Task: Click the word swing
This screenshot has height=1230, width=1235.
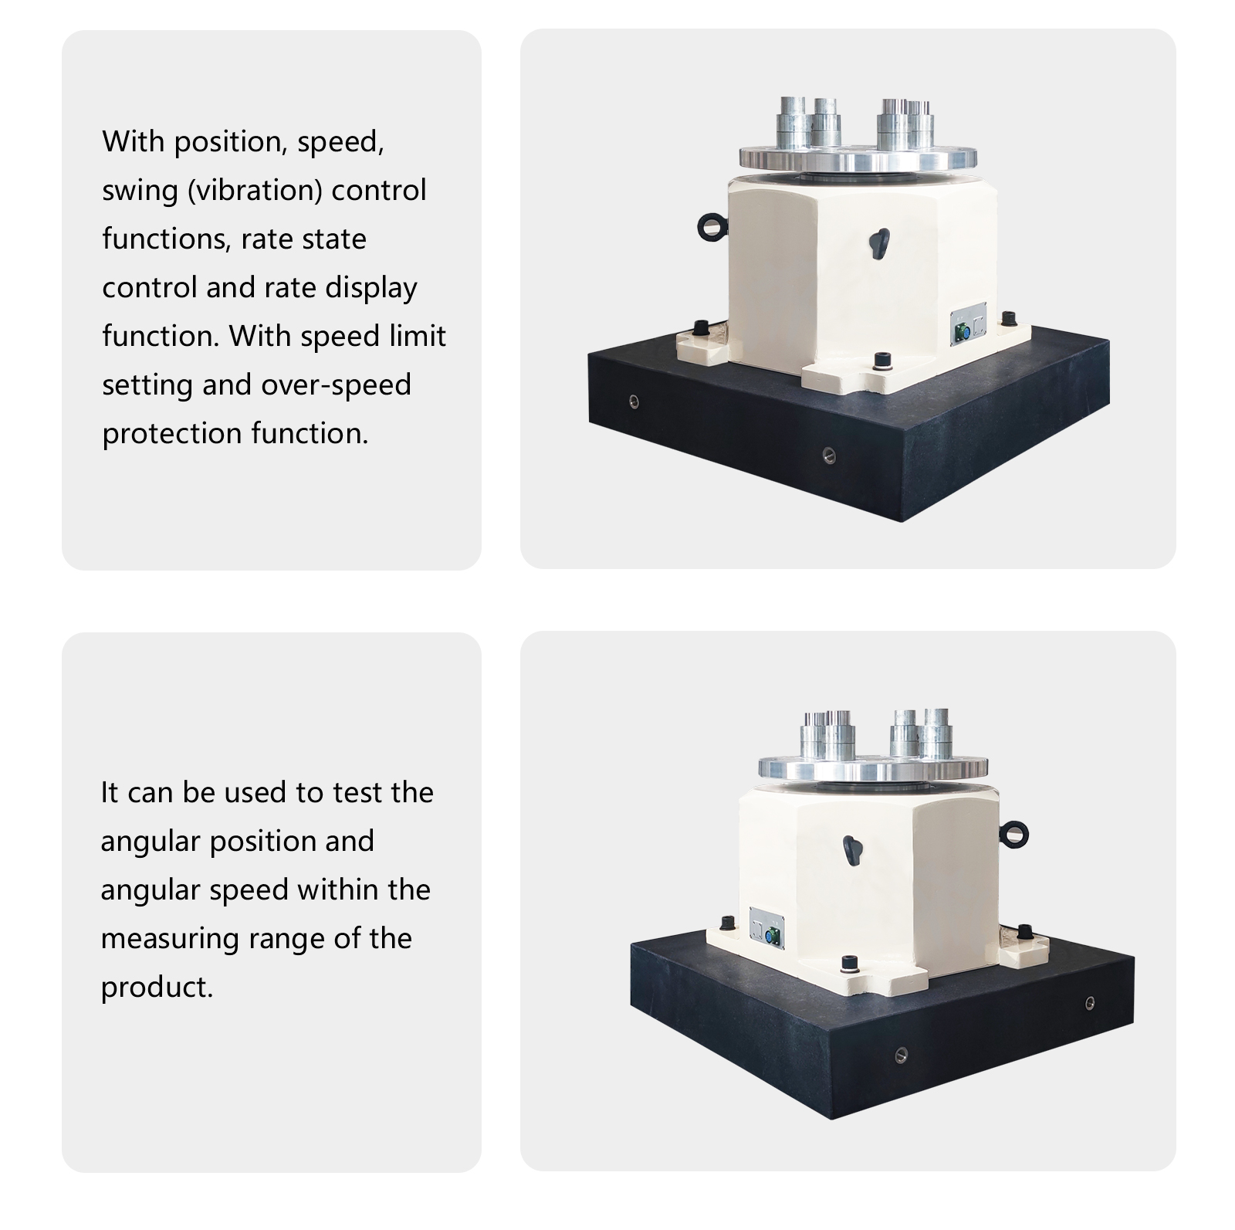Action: pos(140,191)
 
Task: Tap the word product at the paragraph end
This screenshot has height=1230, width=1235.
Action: pos(157,988)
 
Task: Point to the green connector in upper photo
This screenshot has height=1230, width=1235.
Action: pos(962,333)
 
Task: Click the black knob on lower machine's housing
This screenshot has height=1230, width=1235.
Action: pos(851,849)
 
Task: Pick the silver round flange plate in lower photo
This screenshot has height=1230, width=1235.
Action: pos(873,767)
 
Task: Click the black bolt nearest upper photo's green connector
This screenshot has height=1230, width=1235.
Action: pos(1007,318)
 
